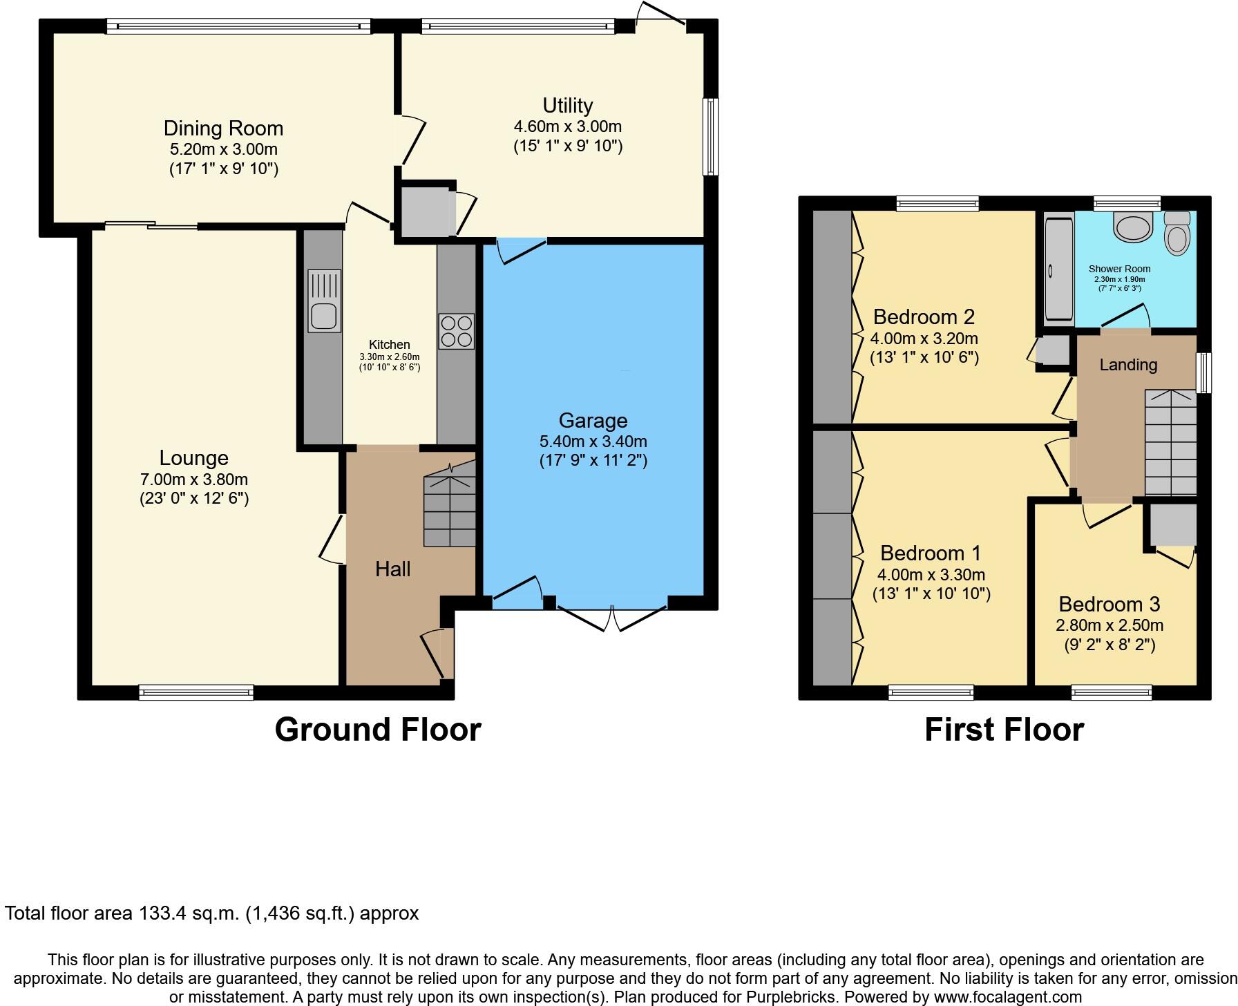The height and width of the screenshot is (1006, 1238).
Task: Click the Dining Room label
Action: tap(223, 129)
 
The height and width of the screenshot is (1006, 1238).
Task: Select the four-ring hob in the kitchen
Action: tap(456, 332)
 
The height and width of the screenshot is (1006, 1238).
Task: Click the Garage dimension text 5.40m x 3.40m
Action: tap(593, 442)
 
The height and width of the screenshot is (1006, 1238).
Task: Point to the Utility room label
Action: tap(567, 106)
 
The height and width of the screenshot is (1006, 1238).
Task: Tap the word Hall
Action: tap(392, 569)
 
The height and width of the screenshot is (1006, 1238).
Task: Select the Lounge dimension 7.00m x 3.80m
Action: tap(193, 480)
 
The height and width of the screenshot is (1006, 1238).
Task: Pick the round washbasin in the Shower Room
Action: tap(1134, 227)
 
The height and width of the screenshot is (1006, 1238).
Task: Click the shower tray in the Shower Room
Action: tap(1057, 269)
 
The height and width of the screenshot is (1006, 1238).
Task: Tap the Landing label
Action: tap(1128, 365)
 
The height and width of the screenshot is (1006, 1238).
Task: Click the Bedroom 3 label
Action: tap(1109, 605)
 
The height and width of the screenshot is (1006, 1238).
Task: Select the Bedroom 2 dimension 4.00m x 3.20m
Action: tap(924, 339)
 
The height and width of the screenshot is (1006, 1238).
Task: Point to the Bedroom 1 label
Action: tap(931, 553)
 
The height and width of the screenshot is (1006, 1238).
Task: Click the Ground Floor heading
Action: tap(377, 730)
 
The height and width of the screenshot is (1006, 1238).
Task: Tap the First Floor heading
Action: tap(1004, 730)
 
